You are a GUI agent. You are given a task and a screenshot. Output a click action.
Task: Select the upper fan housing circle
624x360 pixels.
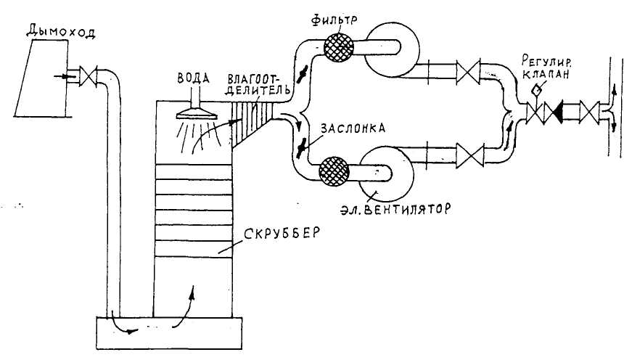pyautogui.click(x=388, y=49)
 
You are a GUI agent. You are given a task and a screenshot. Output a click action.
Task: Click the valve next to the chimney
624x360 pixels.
pyautogui.click(x=88, y=75)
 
